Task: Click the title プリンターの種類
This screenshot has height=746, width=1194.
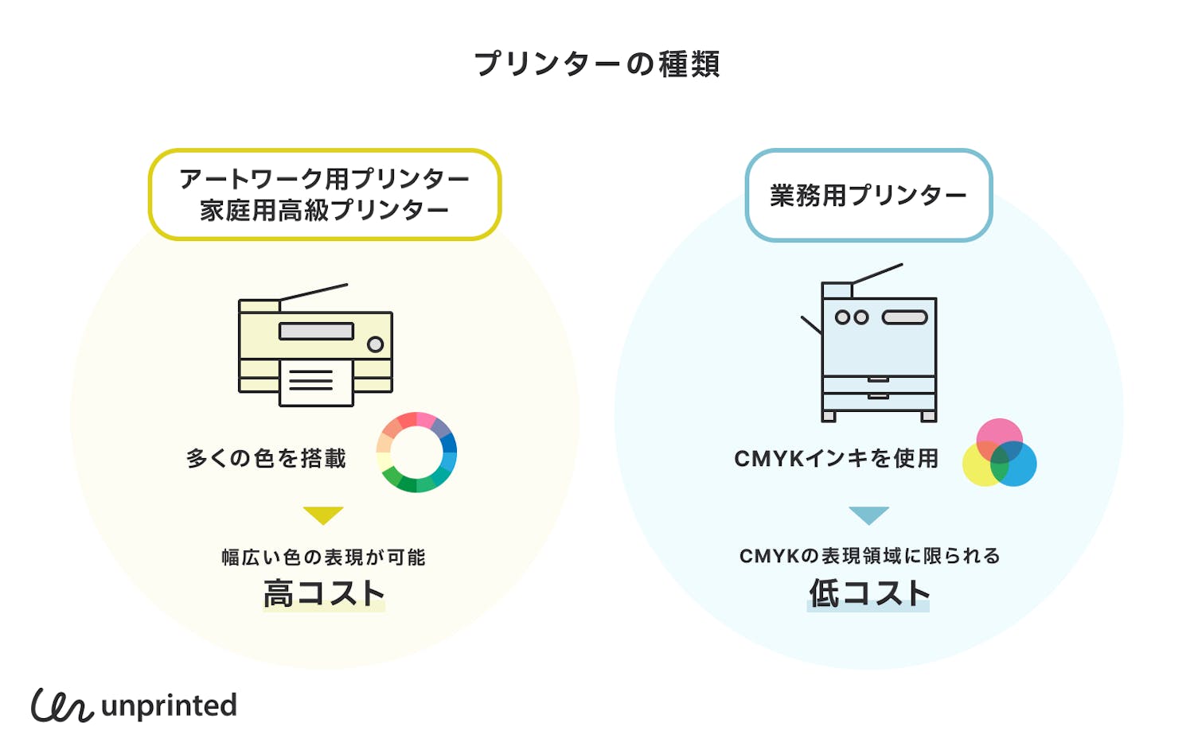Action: pyautogui.click(x=597, y=64)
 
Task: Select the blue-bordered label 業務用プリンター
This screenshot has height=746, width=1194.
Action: pyautogui.click(x=868, y=195)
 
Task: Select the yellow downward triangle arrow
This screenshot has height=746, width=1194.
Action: pyautogui.click(x=323, y=514)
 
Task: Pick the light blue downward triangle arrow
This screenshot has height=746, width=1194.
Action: pyautogui.click(x=868, y=514)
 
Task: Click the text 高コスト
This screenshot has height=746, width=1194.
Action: pyautogui.click(x=324, y=593)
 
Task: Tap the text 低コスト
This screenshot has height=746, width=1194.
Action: pyautogui.click(x=868, y=593)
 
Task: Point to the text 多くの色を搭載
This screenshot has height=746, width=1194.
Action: pyautogui.click(x=266, y=459)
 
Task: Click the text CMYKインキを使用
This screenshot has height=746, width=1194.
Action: pyautogui.click(x=836, y=459)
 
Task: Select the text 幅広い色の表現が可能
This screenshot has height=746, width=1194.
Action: pyautogui.click(x=323, y=557)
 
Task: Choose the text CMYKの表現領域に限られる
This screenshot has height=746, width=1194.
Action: pyautogui.click(x=869, y=556)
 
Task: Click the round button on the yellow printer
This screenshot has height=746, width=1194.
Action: pyautogui.click(x=375, y=344)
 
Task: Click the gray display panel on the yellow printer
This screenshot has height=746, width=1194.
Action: pyautogui.click(x=316, y=331)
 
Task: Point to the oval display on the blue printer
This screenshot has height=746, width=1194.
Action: pyautogui.click(x=904, y=317)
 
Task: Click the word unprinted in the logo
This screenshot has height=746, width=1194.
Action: pyautogui.click(x=170, y=706)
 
